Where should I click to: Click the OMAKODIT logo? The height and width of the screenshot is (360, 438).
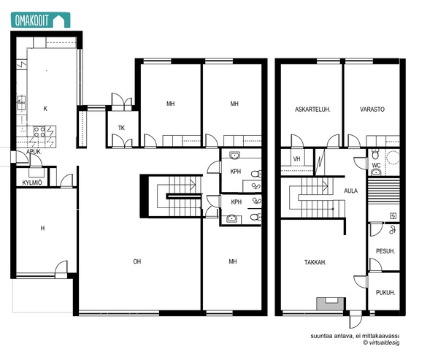(40, 20)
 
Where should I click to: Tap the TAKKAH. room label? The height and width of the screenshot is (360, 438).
(315, 262)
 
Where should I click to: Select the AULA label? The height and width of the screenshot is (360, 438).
(350, 191)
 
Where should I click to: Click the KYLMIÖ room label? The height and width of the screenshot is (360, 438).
(32, 183)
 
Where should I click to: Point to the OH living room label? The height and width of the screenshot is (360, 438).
(137, 261)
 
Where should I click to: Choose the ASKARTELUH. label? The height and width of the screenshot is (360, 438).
(312, 110)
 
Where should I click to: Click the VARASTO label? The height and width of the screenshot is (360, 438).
(372, 110)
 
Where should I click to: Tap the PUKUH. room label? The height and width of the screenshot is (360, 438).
(385, 293)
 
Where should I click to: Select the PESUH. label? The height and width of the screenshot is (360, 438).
(385, 251)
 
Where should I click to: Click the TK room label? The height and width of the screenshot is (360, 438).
(121, 128)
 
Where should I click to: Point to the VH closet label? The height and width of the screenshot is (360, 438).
(296, 158)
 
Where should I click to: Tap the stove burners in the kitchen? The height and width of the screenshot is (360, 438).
(39, 131)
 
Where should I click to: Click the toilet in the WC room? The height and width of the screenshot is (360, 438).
(376, 153)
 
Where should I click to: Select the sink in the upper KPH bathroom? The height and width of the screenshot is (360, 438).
(235, 155)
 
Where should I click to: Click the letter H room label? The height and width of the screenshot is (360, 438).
(42, 229)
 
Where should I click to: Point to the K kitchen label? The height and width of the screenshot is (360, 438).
(45, 109)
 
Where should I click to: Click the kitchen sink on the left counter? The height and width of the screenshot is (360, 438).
(21, 102)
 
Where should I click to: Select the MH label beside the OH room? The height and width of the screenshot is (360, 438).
(233, 261)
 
